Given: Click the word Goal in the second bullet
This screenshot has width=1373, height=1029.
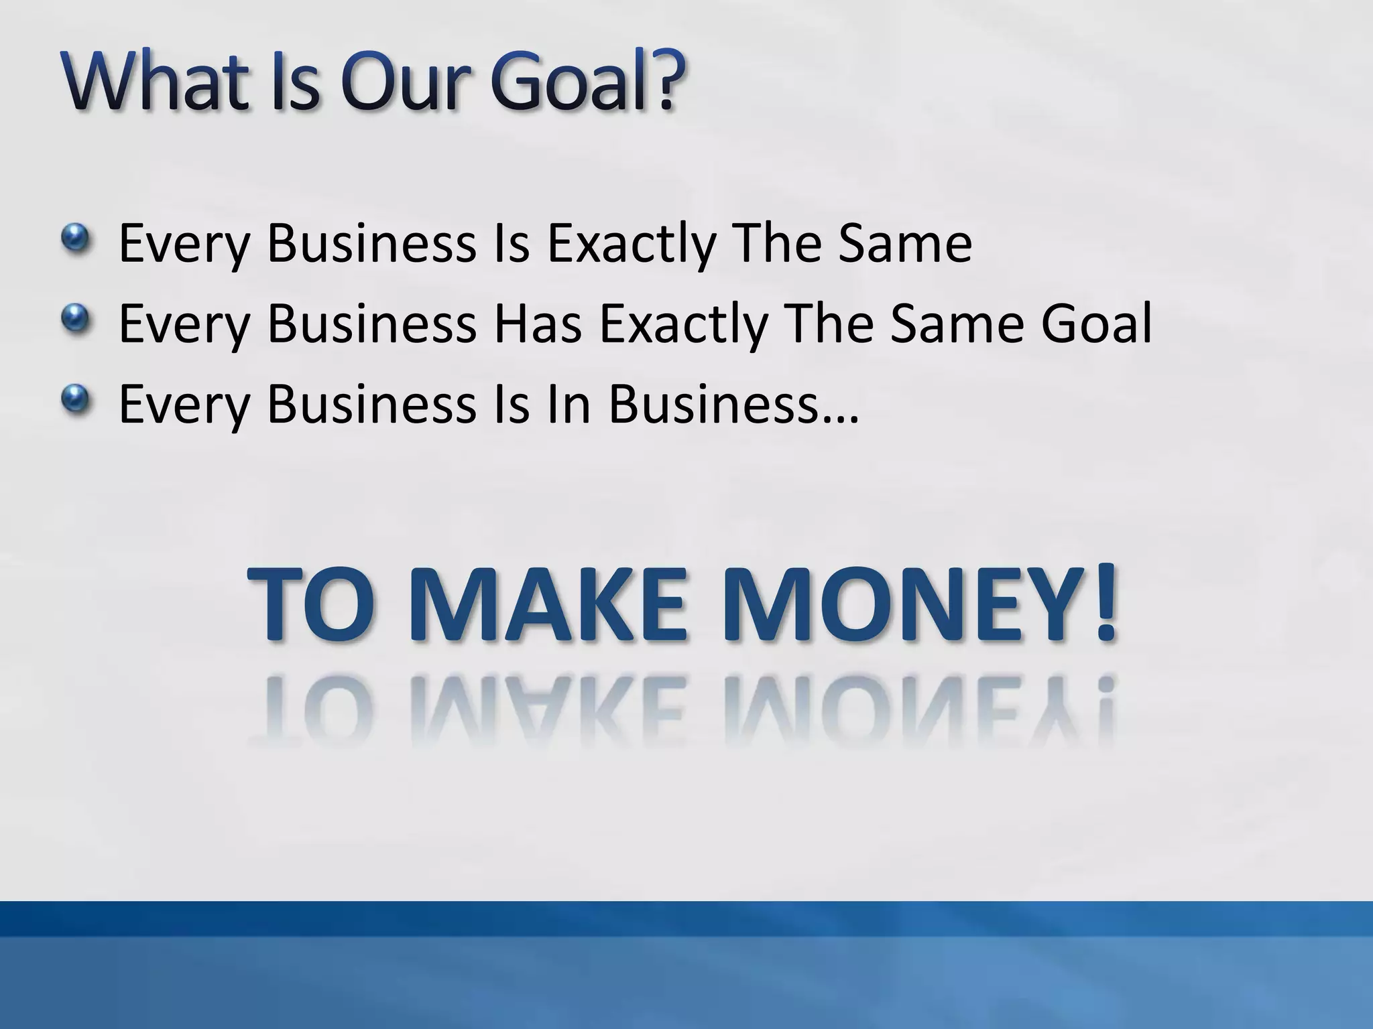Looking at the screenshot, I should (1096, 324).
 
